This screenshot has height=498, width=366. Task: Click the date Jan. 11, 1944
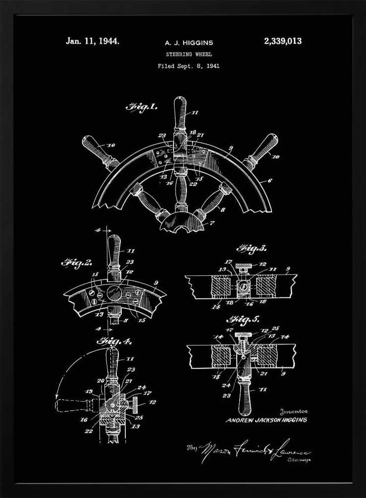[x=92, y=41]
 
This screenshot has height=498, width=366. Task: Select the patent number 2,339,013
[x=282, y=41]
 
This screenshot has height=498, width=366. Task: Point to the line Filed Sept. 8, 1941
[x=188, y=66]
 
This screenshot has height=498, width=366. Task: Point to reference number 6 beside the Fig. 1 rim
[x=270, y=181]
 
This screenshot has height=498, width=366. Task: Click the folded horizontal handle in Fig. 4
[x=75, y=404]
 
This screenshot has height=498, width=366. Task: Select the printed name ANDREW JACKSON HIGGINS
[x=267, y=420]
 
